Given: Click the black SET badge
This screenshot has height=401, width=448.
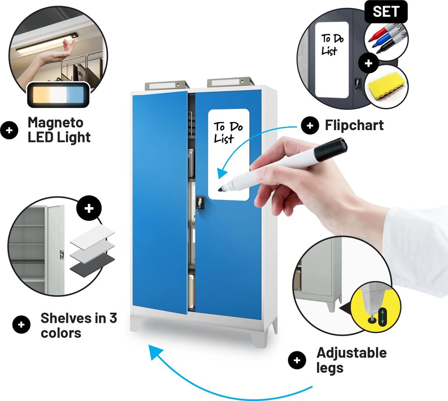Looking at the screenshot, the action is click(386, 11).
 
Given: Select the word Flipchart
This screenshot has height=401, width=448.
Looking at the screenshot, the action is click(354, 125).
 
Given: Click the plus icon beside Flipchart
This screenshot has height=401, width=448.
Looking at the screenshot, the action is click(310, 125).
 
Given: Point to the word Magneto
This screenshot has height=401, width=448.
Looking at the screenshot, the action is click(56, 122).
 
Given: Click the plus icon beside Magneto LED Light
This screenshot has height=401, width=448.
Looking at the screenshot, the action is click(9, 131).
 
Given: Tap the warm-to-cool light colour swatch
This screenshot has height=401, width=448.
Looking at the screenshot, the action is click(58, 95).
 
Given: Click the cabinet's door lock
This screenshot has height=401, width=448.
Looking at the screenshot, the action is click(200, 203).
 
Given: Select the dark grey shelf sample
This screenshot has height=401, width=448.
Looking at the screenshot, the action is click(92, 266).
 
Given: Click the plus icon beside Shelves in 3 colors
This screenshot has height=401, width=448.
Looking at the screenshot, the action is click(22, 324).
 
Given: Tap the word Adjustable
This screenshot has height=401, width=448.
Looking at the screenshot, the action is click(352, 353).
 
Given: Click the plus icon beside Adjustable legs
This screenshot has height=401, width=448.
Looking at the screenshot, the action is click(297, 360).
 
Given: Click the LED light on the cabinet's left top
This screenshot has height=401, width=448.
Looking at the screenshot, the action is click(167, 85).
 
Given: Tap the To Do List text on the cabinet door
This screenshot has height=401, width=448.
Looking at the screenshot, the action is click(228, 132).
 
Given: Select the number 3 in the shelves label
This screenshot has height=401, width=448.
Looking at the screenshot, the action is click(113, 318).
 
